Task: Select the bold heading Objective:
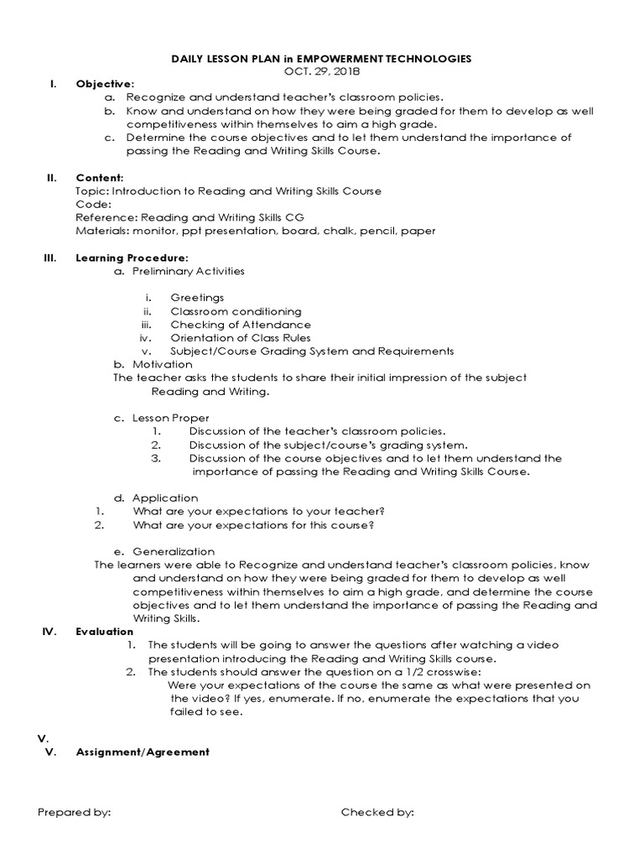click(x=105, y=84)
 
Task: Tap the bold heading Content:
click(x=100, y=178)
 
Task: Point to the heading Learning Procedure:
click(x=132, y=258)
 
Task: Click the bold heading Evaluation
click(x=104, y=631)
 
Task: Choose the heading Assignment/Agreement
click(x=143, y=752)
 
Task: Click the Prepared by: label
click(x=75, y=812)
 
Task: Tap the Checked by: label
click(x=377, y=812)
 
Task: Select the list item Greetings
click(x=197, y=298)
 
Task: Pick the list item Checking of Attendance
click(x=240, y=325)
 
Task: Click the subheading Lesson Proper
click(x=171, y=418)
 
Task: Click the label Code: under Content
click(x=92, y=204)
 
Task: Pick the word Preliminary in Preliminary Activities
click(x=162, y=271)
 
